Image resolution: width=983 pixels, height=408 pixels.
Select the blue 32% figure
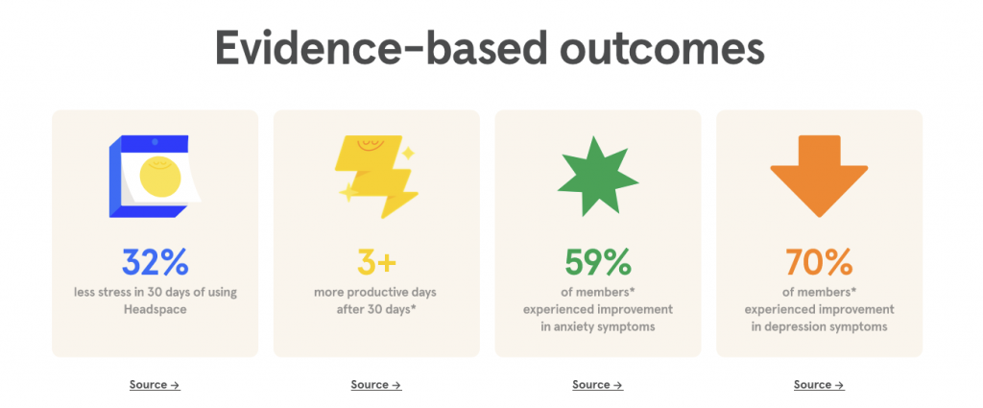pos(155,263)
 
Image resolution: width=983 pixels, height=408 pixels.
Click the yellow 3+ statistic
pos(376,263)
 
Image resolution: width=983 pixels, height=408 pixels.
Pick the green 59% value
pos(598,263)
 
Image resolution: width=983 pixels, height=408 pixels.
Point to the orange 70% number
pos(820,263)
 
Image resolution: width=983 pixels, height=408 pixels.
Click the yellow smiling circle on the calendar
pos(160,177)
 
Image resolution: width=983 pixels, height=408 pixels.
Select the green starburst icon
pos(597,177)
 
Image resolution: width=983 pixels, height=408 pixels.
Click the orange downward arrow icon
pos(819,176)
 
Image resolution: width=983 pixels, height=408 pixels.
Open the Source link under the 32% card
pos(155,385)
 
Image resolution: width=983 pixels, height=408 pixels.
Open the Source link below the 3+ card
pos(376,385)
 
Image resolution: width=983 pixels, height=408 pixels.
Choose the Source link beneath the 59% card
pos(597,385)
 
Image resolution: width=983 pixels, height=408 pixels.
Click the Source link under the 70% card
pos(819,385)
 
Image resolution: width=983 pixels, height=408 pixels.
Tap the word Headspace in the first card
pos(155,310)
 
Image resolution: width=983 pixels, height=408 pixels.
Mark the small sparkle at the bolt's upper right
pos(408,153)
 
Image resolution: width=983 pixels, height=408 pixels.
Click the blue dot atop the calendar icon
pos(155,142)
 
